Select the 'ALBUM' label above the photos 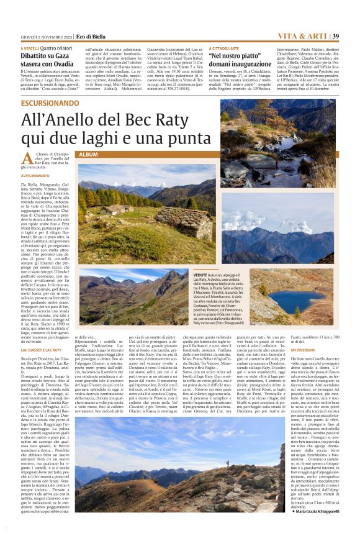click(88, 153)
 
